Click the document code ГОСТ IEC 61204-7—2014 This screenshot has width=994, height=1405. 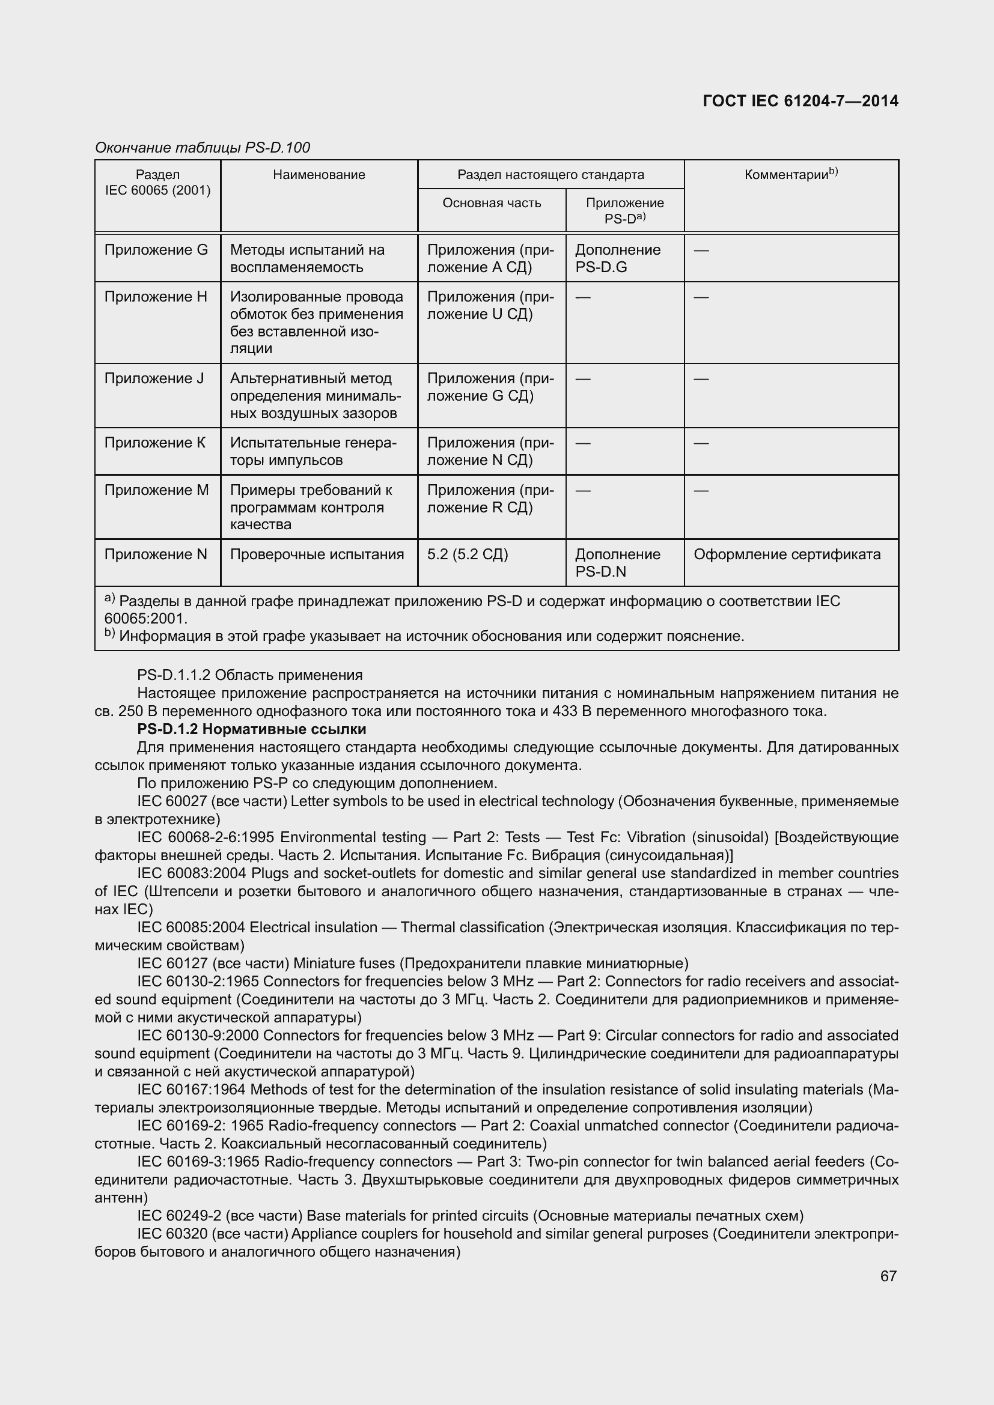[x=800, y=101]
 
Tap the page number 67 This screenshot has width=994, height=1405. [x=888, y=1275]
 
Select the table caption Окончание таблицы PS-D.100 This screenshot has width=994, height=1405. [x=203, y=148]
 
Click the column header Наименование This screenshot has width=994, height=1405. [x=319, y=175]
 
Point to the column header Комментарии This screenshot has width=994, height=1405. [x=791, y=174]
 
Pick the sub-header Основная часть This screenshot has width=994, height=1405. [x=492, y=203]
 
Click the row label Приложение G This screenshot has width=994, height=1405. [x=156, y=250]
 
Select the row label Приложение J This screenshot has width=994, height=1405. [x=154, y=378]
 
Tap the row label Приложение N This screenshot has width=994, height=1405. [x=156, y=554]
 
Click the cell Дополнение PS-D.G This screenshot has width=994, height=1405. [x=618, y=258]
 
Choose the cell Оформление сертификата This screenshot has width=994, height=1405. [x=787, y=554]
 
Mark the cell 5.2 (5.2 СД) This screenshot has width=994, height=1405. [x=467, y=554]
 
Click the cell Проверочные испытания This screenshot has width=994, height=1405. [x=317, y=554]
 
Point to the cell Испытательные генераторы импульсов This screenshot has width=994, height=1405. [x=313, y=451]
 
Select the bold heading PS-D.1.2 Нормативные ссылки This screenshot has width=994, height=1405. [x=252, y=729]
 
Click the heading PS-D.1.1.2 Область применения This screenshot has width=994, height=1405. [x=250, y=675]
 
